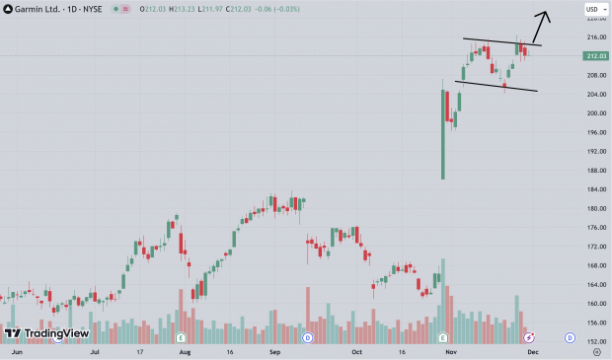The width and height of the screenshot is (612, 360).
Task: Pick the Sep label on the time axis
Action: (275, 350)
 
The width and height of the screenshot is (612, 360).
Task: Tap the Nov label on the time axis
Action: (451, 350)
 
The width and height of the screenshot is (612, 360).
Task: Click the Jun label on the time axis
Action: (16, 350)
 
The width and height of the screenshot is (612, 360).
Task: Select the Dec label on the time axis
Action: (533, 350)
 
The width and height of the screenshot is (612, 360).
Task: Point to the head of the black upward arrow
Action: (548, 14)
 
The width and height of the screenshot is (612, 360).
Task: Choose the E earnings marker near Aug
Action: (182, 337)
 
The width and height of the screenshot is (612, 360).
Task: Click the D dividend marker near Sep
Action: (307, 337)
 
